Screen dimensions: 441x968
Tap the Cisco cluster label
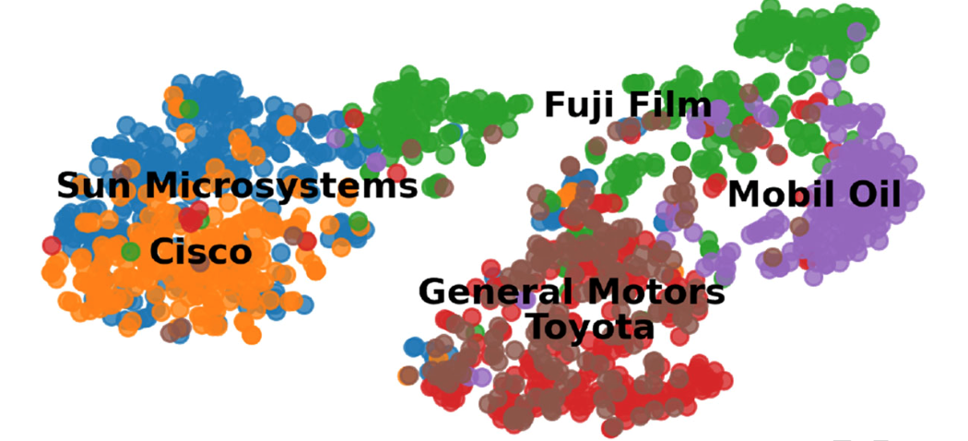(x=201, y=251)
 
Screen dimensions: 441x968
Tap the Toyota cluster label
(x=590, y=326)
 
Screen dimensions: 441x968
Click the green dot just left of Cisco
(x=131, y=251)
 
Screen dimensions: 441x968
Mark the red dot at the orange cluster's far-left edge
(x=52, y=245)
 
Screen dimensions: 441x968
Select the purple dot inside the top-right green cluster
(x=856, y=32)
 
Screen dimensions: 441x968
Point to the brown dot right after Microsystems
(x=443, y=187)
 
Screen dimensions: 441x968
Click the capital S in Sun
(x=67, y=186)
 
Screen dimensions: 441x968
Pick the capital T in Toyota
(x=537, y=326)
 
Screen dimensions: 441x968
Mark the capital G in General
(x=431, y=292)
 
